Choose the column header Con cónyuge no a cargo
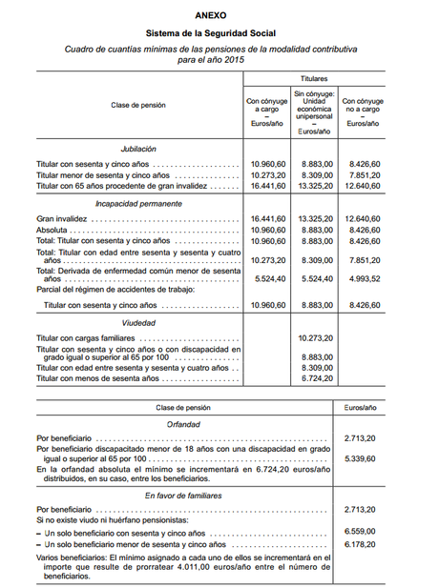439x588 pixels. (x=363, y=112)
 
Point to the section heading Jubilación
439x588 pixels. (x=138, y=150)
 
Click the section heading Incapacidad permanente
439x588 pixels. (x=138, y=204)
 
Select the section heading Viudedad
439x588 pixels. (x=138, y=324)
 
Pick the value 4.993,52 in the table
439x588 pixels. (x=363, y=278)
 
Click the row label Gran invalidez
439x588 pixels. (x=60, y=219)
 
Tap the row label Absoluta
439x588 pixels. (x=52, y=231)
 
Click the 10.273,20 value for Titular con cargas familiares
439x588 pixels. (x=314, y=338)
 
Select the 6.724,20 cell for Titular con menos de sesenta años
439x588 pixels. (x=314, y=378)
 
